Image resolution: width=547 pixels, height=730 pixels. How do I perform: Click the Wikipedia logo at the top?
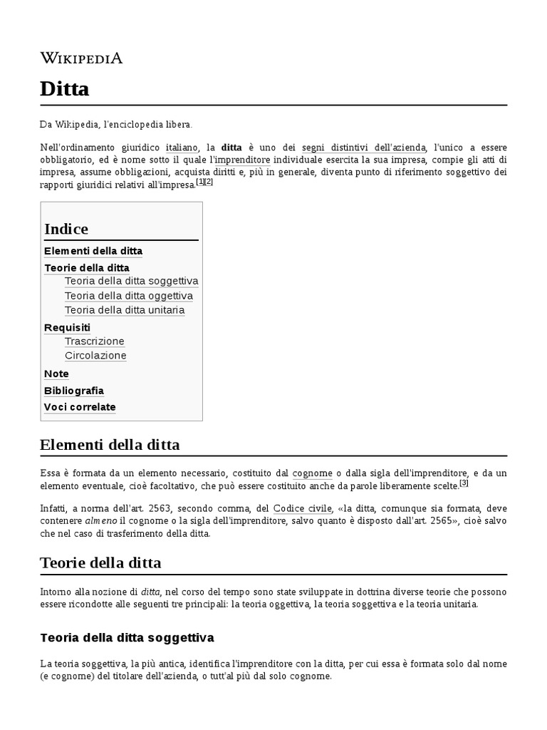point(81,58)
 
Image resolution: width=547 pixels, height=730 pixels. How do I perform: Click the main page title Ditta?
point(65,89)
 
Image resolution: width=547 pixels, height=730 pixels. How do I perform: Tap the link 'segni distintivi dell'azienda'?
point(364,146)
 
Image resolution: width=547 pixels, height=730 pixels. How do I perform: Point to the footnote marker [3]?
point(464,483)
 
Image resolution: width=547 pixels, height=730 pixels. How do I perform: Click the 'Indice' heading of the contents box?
point(66,229)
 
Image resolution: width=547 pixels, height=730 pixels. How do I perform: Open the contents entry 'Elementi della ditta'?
point(93,251)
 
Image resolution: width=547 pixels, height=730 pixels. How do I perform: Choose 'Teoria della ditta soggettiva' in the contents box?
point(131,281)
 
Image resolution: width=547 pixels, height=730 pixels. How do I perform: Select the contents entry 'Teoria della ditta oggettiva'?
point(128,296)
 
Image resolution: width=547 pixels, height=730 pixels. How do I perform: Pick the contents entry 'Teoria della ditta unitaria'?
point(125,310)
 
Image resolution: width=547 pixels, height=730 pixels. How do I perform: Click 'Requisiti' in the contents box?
point(67,327)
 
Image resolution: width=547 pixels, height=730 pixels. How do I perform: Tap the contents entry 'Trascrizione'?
point(94,341)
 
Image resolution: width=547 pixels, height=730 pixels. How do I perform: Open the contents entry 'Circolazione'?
point(95,356)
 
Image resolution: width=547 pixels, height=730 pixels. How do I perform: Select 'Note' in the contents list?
point(56,374)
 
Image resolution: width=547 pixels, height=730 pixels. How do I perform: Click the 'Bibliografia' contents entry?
point(74,391)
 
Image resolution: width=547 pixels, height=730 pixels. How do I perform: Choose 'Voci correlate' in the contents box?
point(80,407)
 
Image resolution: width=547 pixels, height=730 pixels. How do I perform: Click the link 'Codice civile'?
point(303,508)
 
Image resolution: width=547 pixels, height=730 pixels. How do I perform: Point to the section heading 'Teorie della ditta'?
point(100,562)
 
